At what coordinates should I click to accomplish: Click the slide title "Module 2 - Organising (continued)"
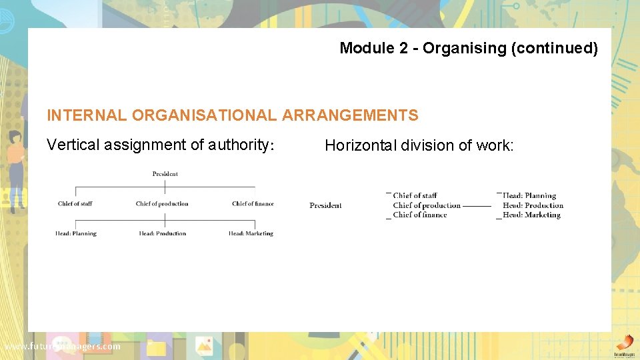coord(469,48)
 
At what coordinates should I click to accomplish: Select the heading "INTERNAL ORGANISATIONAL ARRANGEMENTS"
coord(233,115)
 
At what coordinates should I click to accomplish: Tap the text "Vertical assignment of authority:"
coord(161,145)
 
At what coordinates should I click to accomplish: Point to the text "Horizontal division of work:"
coord(419,145)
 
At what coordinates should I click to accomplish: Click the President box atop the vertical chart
coord(165,174)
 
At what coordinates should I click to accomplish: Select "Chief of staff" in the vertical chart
coord(75,204)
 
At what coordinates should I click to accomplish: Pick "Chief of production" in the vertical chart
coord(162,204)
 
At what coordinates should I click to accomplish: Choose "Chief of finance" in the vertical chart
coord(253,204)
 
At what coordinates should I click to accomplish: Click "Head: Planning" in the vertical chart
coord(76,233)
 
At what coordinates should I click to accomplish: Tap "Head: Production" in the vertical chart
coord(163,233)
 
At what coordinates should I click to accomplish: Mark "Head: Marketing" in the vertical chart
coord(251,233)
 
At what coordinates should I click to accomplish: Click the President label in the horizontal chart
coord(325,205)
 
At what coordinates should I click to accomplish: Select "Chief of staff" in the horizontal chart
coord(415,196)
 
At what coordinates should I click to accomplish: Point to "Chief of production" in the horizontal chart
coord(427,205)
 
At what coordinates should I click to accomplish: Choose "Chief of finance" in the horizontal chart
coord(419,215)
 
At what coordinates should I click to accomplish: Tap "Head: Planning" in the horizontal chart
coord(529,196)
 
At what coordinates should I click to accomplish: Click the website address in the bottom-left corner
coord(63,347)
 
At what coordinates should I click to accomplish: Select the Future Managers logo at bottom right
coord(623,345)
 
